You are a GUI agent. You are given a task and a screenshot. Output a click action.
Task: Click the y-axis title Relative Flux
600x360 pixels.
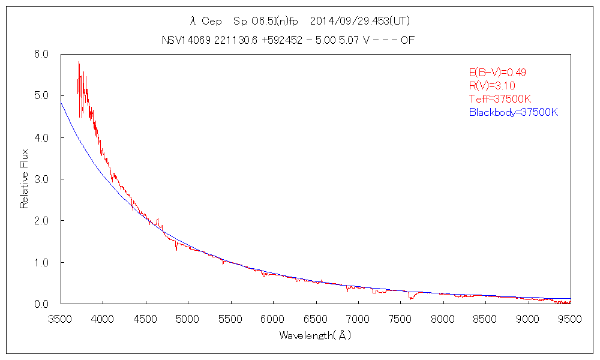[25, 179]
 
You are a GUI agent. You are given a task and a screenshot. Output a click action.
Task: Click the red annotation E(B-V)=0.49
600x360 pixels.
[497, 73]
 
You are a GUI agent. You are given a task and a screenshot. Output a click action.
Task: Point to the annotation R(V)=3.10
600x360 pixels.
[491, 86]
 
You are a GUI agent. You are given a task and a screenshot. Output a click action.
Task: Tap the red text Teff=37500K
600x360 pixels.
[500, 99]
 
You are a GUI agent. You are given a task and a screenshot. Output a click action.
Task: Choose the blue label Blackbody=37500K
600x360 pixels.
[514, 112]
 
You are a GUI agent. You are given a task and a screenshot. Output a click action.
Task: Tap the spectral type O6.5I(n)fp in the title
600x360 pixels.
[265, 21]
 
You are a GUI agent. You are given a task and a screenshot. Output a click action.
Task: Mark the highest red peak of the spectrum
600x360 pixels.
[79, 62]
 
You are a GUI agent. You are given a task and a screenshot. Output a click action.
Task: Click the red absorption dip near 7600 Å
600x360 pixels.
[410, 298]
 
